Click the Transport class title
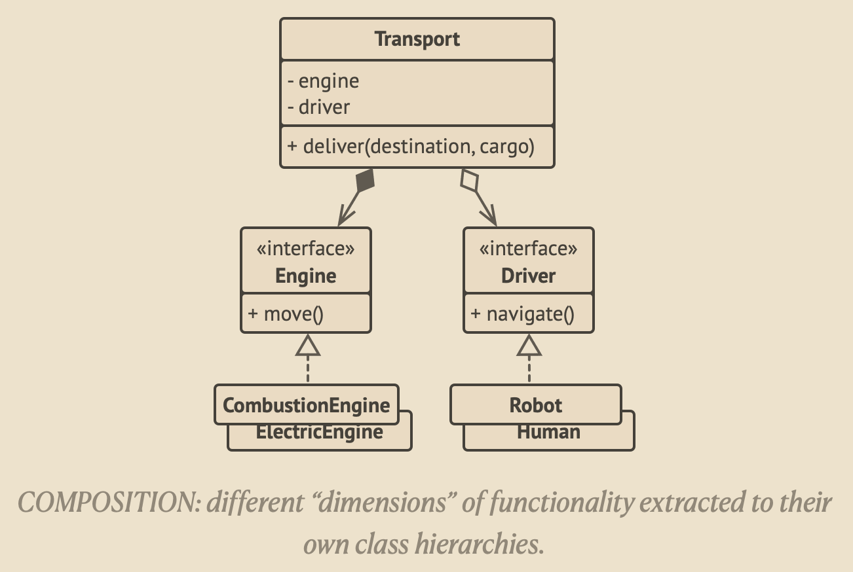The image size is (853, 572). [x=417, y=39]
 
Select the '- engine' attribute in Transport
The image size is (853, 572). [x=324, y=81]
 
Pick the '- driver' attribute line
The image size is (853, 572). [x=318, y=107]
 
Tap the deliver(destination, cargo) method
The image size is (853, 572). [x=411, y=146]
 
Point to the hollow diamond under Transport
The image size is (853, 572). [x=470, y=180]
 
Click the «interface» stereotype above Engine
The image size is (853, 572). [x=306, y=249]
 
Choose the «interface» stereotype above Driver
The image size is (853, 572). [x=529, y=249]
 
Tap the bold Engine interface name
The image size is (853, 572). [x=306, y=276]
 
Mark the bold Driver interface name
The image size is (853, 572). [x=529, y=276]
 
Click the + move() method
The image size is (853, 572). [x=286, y=314]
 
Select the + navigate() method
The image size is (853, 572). [x=522, y=314]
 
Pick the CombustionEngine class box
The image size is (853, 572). [x=306, y=405]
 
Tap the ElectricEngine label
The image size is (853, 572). [x=320, y=433]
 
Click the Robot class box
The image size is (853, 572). [x=535, y=405]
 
